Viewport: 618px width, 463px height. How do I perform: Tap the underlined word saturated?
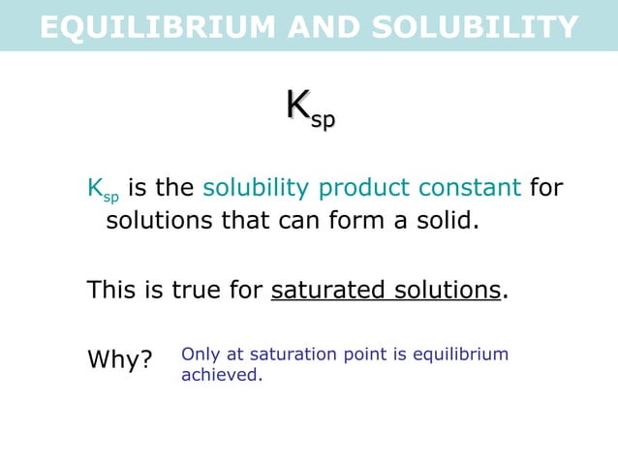325,290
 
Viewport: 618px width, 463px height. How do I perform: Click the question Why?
120,361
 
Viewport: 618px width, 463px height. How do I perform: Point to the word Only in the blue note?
199,355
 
